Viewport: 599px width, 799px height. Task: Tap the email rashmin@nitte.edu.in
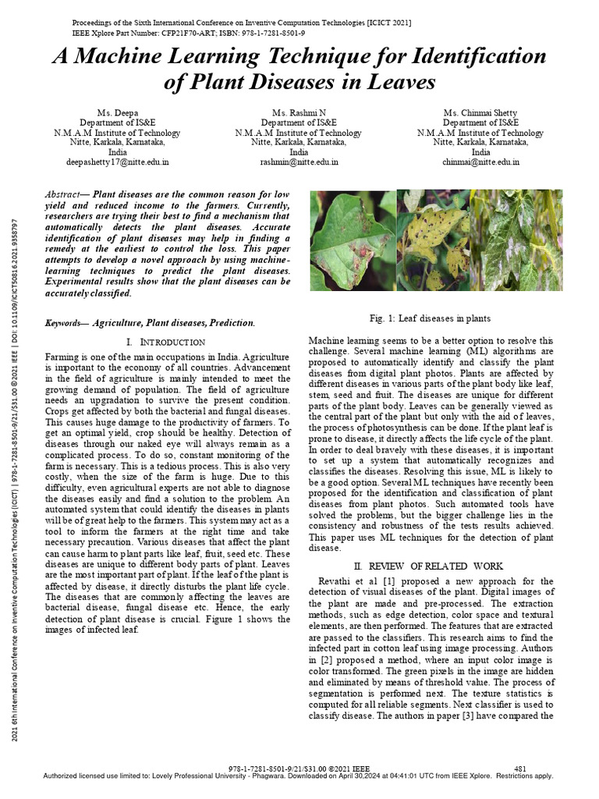point(299,162)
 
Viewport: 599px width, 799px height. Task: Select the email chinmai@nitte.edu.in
point(480,162)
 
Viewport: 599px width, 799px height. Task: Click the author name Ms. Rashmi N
point(299,113)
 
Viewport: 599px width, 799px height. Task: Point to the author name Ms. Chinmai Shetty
point(480,113)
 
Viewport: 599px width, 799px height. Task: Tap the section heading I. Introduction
point(165,343)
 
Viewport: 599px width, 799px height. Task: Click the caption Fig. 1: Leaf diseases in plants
point(430,319)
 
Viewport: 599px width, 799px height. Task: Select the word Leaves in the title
point(399,82)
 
